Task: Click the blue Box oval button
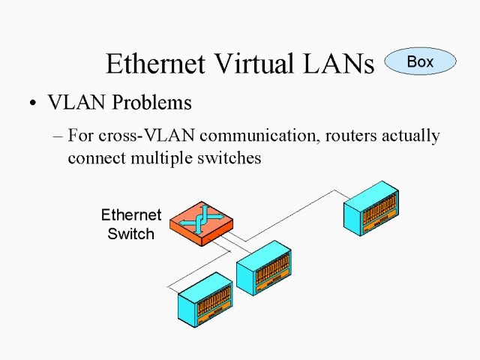[x=420, y=61]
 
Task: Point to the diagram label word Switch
[x=130, y=233]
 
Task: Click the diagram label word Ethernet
[x=131, y=216]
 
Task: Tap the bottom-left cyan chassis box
[x=205, y=300]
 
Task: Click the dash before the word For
[x=59, y=137]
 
